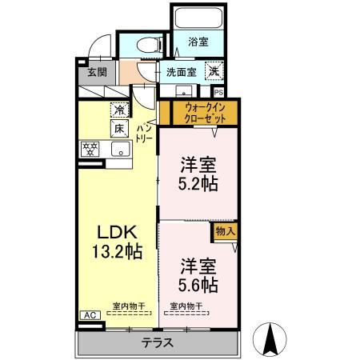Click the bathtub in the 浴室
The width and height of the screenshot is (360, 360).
click(198, 18)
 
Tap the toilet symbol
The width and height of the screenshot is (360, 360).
click(150, 45)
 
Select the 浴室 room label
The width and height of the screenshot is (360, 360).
click(198, 42)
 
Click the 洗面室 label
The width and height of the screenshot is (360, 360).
click(182, 72)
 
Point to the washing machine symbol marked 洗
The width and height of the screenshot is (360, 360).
click(214, 70)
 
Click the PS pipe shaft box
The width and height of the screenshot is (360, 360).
click(218, 92)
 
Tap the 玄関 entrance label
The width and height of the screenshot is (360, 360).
click(98, 72)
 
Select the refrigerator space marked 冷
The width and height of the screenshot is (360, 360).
click(119, 110)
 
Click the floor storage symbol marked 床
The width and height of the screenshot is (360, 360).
click(119, 129)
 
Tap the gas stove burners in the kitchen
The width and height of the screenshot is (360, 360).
click(90, 149)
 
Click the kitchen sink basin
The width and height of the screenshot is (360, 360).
click(121, 149)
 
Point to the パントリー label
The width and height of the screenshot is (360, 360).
click(144, 134)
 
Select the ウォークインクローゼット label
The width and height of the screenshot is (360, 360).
click(205, 113)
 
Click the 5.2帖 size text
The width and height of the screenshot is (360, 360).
click(198, 184)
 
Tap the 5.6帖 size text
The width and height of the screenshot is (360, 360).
click(198, 285)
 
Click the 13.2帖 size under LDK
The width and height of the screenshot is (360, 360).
click(117, 251)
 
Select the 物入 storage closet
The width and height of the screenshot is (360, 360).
click(226, 232)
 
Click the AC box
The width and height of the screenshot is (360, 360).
click(90, 315)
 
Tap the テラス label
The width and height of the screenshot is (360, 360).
click(158, 342)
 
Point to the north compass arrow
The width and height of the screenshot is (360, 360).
click(270, 339)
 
